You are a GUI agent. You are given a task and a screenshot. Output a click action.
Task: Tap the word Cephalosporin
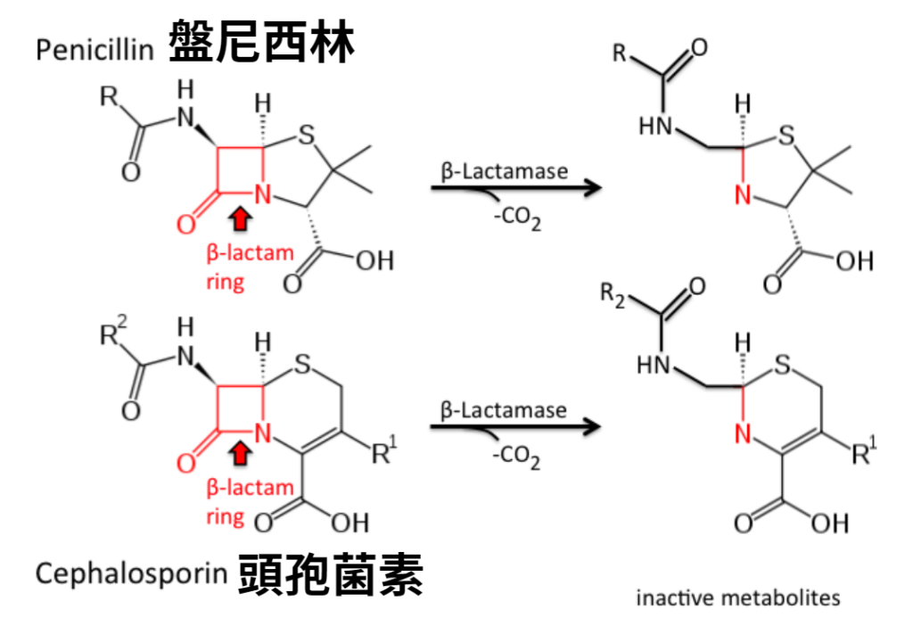click(x=131, y=573)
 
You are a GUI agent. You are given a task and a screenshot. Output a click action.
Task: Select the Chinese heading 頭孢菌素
click(x=331, y=575)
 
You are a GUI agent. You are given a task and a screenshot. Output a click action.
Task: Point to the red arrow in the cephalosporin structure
click(x=239, y=455)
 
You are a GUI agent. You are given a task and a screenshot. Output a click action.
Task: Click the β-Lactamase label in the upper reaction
click(x=504, y=170)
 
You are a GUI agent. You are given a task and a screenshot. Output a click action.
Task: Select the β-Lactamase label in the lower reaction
click(x=504, y=410)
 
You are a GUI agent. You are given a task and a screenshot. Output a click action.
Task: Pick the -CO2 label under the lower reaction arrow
click(x=517, y=458)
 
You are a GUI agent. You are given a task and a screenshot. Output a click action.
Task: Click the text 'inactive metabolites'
click(x=737, y=597)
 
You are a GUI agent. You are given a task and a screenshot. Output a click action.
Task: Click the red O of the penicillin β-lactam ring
click(x=185, y=223)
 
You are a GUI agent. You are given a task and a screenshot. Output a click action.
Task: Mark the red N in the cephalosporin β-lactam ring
click(x=262, y=434)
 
